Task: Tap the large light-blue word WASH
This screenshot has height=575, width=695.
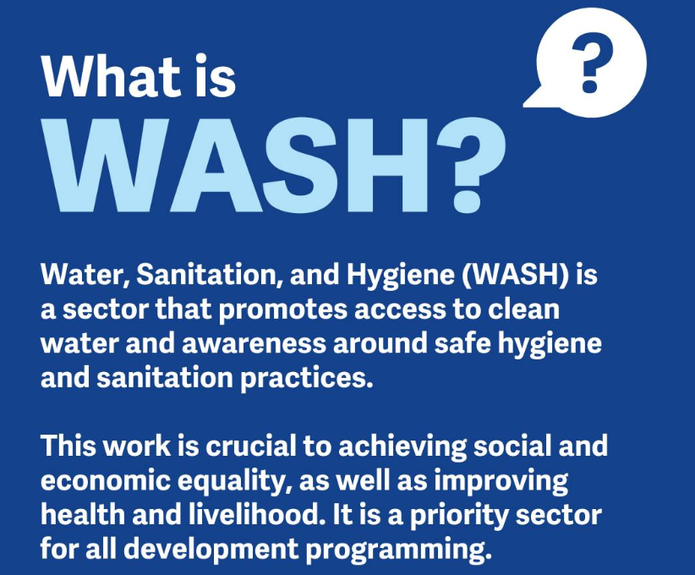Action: click(x=240, y=166)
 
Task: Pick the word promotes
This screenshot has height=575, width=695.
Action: click(x=283, y=309)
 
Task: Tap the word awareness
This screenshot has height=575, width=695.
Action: click(x=254, y=344)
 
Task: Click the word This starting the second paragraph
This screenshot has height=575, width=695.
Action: click(x=68, y=446)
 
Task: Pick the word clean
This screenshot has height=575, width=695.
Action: click(x=523, y=309)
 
